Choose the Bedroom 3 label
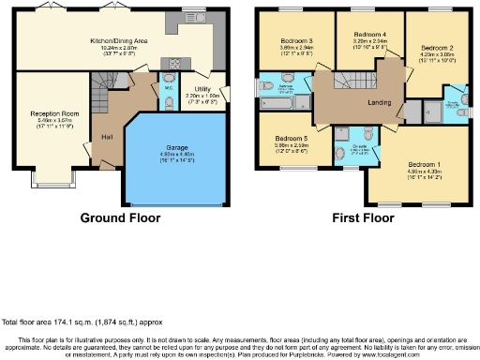click(296, 41)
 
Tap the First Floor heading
click(364, 218)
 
